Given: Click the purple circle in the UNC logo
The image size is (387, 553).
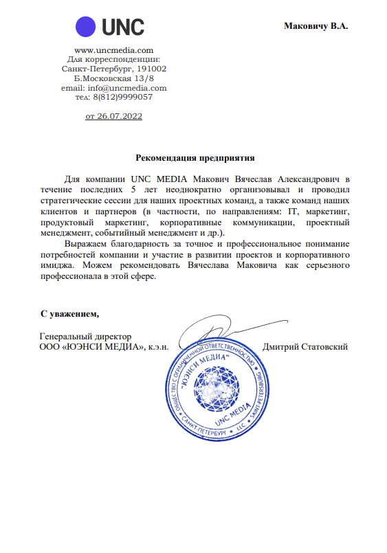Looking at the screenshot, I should pyautogui.click(x=87, y=27).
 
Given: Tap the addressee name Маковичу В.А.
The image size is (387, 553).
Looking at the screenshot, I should pyautogui.click(x=316, y=26).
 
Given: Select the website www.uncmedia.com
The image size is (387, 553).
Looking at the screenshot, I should pyautogui.click(x=113, y=50).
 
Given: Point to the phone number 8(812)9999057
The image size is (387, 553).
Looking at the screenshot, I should pyautogui.click(x=123, y=97).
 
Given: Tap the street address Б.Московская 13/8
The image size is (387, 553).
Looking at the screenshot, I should pyautogui.click(x=113, y=79).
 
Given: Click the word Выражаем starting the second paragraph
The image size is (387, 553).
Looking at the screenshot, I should pyautogui.click(x=85, y=244).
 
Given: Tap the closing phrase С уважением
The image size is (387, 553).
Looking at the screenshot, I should pyautogui.click(x=69, y=314).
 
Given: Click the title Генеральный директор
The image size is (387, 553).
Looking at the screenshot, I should pyautogui.click(x=85, y=337).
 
